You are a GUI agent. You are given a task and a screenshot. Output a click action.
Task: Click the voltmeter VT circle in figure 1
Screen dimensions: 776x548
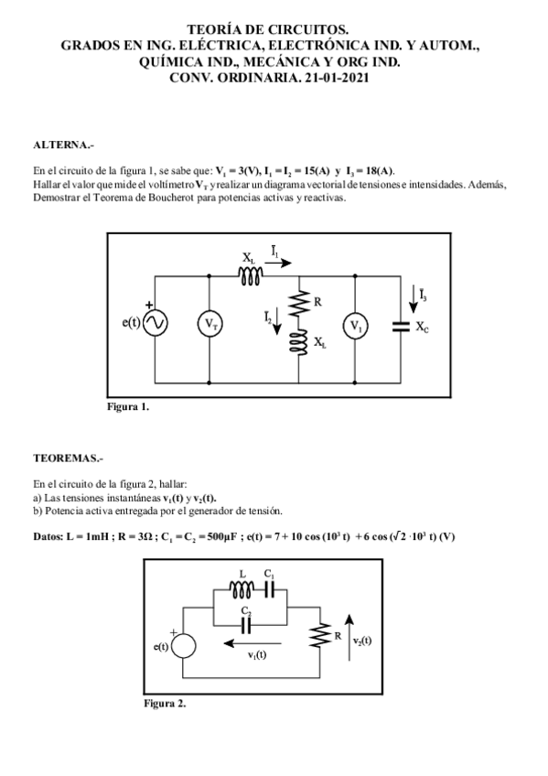210,324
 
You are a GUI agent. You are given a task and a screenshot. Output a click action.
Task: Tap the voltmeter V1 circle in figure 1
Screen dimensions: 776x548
355,324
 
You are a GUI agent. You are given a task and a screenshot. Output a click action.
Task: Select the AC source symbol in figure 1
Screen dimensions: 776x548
155,324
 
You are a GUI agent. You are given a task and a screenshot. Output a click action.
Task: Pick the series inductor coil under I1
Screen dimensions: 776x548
251,274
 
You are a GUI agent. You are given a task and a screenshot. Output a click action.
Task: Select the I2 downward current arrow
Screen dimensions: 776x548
278,322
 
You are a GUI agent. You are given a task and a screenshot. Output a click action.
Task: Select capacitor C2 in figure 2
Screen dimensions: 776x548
246,623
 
